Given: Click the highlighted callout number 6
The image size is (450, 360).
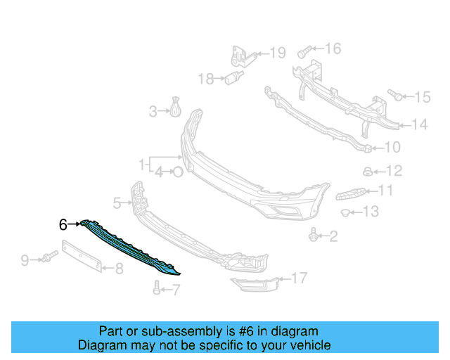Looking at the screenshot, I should [x=63, y=225].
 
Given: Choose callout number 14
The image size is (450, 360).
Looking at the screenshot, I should [x=420, y=125].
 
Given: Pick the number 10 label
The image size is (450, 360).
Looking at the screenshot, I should [x=392, y=148].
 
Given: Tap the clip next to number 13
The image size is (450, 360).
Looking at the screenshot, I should [x=346, y=212].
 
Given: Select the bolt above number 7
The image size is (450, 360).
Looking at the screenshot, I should [x=156, y=287].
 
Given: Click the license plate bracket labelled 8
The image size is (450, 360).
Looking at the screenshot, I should [x=83, y=255].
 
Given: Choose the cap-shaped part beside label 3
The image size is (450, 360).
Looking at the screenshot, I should [x=174, y=110].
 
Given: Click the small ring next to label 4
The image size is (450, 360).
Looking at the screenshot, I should [x=178, y=171].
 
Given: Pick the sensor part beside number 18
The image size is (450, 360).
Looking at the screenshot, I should [x=233, y=79].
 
